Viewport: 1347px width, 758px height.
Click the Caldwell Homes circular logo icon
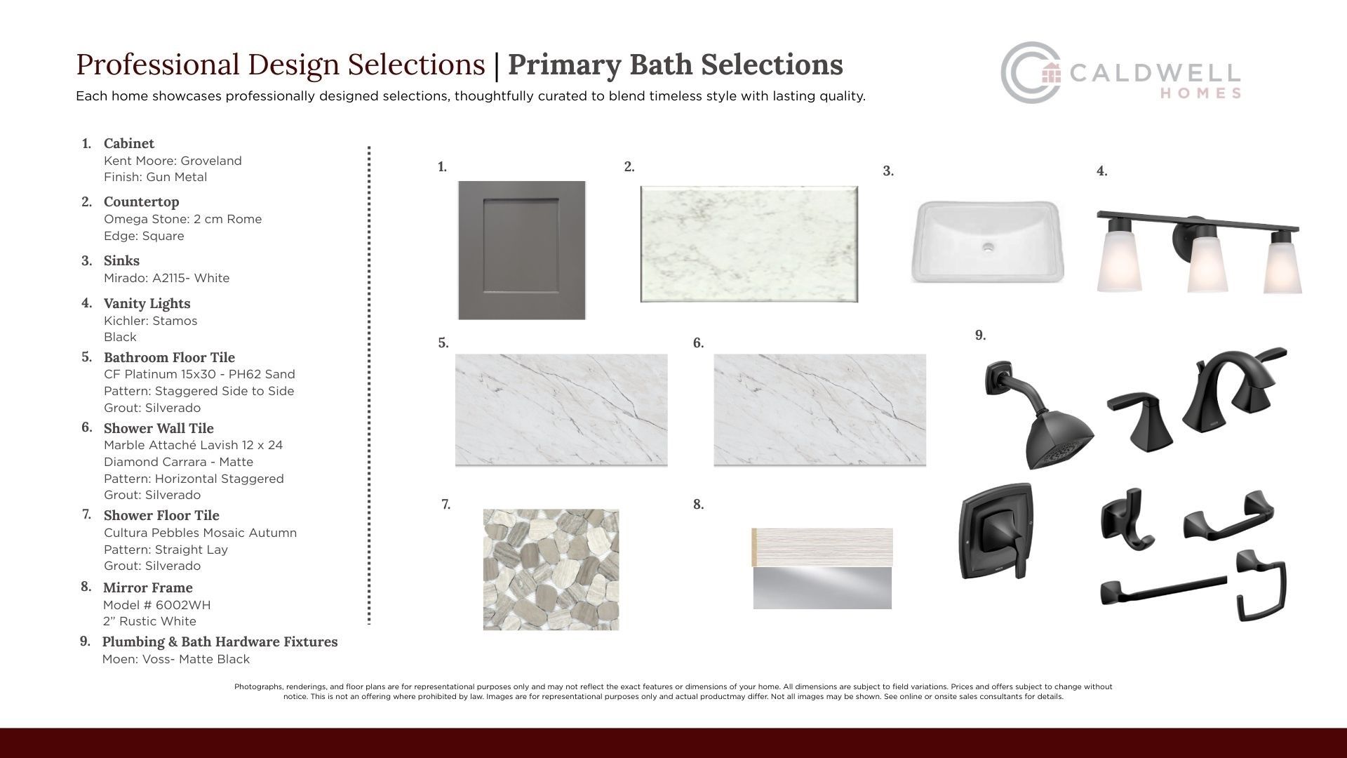tap(1031, 73)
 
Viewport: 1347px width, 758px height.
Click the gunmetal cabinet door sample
tap(522, 251)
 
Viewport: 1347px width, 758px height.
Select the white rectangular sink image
tap(987, 241)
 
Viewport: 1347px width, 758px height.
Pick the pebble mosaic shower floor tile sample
tap(551, 569)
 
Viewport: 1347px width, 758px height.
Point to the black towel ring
tap(1261, 585)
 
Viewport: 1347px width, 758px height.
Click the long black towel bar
tap(1163, 590)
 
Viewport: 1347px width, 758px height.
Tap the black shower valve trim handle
tap(996, 531)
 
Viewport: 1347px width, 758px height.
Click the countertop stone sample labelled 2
tap(749, 244)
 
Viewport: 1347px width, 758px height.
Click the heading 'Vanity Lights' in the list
tap(147, 303)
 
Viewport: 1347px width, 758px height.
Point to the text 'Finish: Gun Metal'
tap(155, 177)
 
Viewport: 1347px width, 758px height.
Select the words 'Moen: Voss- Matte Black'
tap(176, 659)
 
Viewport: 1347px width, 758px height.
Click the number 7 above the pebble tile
tap(445, 504)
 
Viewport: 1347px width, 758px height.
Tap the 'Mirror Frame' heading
tap(147, 587)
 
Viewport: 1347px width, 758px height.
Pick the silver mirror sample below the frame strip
tap(822, 588)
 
